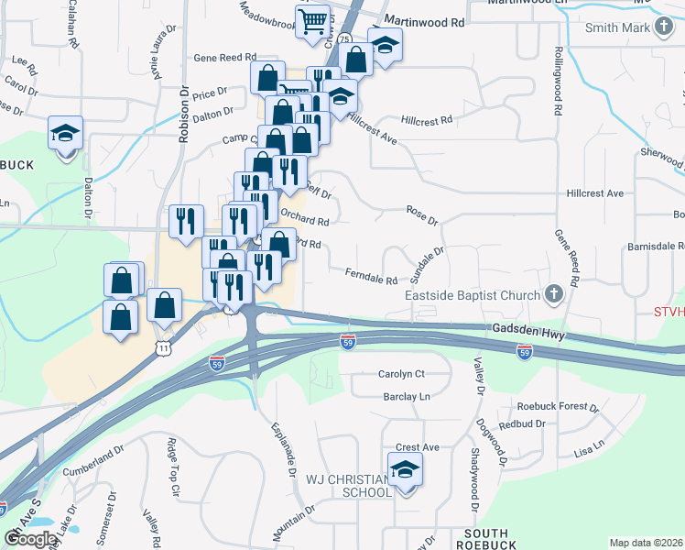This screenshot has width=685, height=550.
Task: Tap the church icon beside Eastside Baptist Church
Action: point(552,295)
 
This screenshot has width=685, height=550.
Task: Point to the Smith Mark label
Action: point(617,27)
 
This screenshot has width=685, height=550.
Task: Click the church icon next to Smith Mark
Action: point(666,27)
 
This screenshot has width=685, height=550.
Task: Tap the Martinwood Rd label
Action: point(423,20)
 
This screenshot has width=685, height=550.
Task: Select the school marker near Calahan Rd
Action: point(66,134)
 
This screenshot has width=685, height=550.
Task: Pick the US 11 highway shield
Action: point(163,348)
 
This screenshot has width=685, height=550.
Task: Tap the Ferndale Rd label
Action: point(371,275)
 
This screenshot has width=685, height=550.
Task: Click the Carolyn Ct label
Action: point(402,374)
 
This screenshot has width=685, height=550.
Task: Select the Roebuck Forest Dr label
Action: point(557,406)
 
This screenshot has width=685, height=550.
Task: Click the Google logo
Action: point(29,539)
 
